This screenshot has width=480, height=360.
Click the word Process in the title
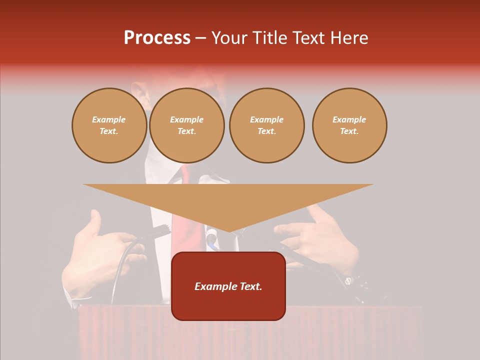(157, 38)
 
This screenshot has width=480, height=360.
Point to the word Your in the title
(229, 38)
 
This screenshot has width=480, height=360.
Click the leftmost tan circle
(109, 125)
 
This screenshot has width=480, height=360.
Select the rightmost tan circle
(349, 125)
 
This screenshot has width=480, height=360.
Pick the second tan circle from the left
(187, 125)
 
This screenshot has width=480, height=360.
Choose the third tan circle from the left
(267, 125)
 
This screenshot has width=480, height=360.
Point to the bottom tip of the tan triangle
(229, 230)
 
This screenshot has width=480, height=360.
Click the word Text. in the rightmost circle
(349, 131)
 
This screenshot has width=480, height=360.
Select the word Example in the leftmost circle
(109, 119)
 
